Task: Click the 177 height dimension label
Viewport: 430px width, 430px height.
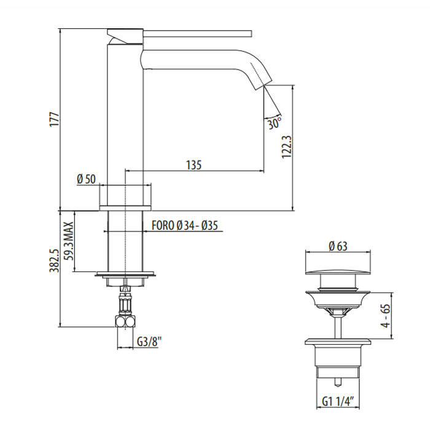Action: click(53, 119)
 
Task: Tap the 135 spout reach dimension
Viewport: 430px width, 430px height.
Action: click(193, 164)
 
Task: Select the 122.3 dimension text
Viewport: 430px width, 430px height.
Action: click(284, 147)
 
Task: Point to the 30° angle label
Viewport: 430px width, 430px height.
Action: click(275, 123)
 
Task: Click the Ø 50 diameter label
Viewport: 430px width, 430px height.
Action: click(86, 179)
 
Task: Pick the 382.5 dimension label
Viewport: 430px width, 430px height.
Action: click(53, 260)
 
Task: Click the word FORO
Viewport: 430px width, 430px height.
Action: click(162, 225)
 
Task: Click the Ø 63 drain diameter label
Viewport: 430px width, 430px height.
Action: click(338, 246)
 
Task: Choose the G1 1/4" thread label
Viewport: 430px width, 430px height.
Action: click(338, 402)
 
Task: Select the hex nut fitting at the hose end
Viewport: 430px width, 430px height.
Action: click(126, 322)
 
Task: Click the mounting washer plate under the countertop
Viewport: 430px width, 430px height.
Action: click(125, 275)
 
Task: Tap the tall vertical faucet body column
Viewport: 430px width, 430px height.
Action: click(125, 117)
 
